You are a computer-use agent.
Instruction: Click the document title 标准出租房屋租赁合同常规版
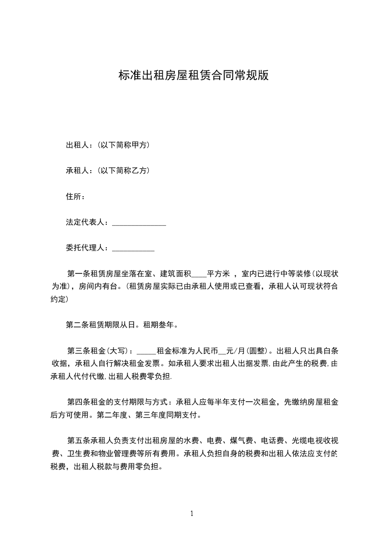click(193, 76)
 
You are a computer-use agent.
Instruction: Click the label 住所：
click(76, 196)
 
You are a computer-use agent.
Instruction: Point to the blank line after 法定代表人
click(139, 224)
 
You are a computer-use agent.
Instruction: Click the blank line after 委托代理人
click(133, 250)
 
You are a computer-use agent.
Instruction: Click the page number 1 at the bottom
click(192, 514)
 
